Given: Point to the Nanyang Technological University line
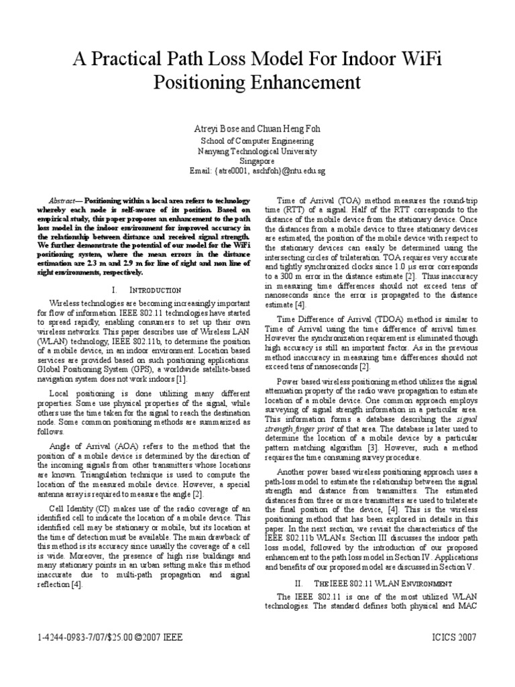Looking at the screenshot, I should pyautogui.click(x=257, y=152).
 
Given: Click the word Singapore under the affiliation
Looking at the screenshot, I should pyautogui.click(x=257, y=162).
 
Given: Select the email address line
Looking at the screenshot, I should pyautogui.click(x=257, y=172).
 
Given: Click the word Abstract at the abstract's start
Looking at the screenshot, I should pyautogui.click(x=65, y=201).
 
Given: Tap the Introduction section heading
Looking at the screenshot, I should pyautogui.click(x=156, y=290).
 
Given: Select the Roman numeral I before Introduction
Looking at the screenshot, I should pyautogui.click(x=115, y=290).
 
